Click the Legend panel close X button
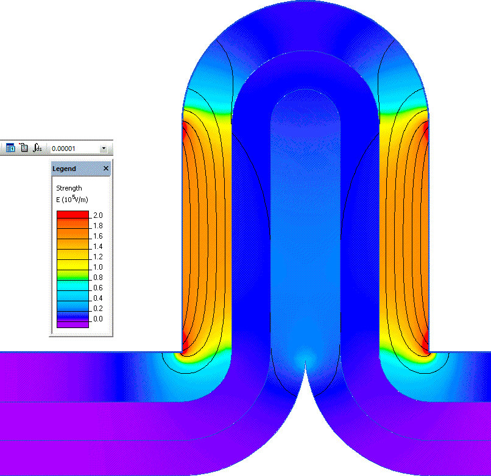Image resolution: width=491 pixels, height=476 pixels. click(105, 169)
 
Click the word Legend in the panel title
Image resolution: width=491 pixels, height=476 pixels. click(64, 169)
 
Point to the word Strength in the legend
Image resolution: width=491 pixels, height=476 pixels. click(69, 188)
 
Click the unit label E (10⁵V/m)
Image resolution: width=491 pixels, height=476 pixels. click(72, 199)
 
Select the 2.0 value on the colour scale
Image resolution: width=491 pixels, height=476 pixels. click(98, 215)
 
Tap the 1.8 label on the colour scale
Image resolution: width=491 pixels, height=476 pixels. click(98, 226)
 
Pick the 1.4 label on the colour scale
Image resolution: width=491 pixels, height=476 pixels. click(98, 247)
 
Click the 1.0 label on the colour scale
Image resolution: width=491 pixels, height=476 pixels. click(98, 267)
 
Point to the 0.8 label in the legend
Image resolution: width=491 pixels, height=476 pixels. click(98, 278)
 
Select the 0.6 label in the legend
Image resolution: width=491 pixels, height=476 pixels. click(98, 288)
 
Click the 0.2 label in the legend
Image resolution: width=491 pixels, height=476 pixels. click(98, 309)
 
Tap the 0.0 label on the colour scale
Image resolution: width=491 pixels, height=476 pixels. click(98, 319)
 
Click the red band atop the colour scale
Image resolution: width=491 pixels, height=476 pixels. click(72, 214)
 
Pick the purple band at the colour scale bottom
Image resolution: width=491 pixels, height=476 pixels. click(72, 324)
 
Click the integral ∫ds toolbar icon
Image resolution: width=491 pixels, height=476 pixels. click(38, 148)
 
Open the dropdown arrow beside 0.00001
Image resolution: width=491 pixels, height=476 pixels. click(104, 148)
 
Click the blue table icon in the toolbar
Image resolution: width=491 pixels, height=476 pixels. click(10, 148)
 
